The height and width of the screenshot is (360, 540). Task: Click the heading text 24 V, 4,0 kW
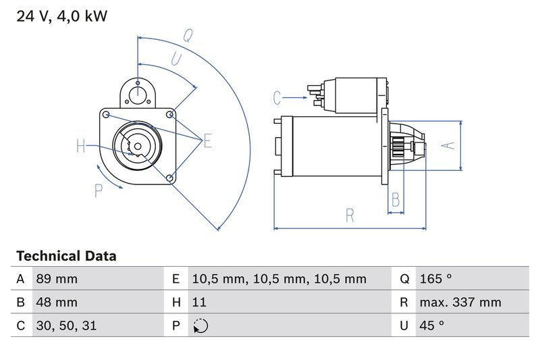[x=61, y=16]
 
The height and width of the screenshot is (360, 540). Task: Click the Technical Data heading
[x=65, y=257]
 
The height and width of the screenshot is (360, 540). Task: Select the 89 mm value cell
[x=57, y=279]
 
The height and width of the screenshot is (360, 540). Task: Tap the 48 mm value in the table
[x=57, y=303]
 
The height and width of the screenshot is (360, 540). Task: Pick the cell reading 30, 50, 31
[x=67, y=326]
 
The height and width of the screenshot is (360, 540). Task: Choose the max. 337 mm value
[x=459, y=303]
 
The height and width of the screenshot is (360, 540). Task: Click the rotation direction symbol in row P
[x=200, y=326]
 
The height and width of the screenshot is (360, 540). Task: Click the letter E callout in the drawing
[x=208, y=140]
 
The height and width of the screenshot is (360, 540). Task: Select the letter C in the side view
[x=277, y=98]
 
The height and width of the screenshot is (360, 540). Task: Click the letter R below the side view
[x=350, y=215]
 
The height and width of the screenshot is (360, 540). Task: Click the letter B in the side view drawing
[x=396, y=200]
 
